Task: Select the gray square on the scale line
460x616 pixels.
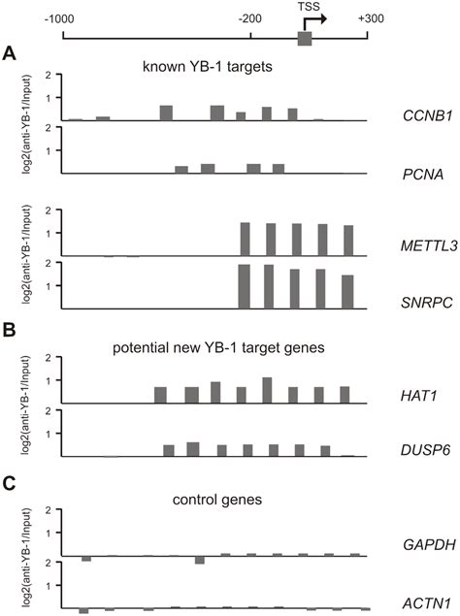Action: pos(305,38)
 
